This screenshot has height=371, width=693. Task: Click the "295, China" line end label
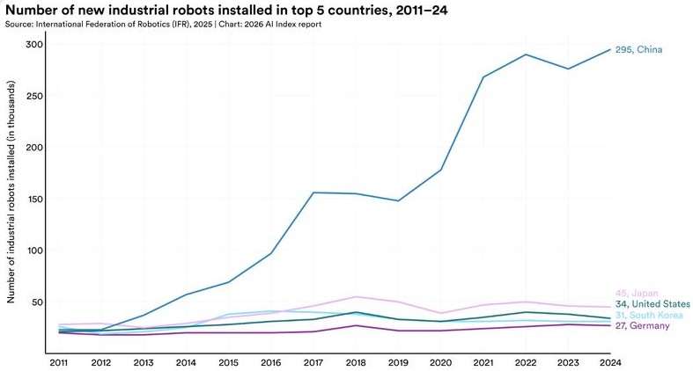638,50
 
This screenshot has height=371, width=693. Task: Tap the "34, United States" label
652,304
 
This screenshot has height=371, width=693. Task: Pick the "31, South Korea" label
649,315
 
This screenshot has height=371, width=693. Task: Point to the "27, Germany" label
642,325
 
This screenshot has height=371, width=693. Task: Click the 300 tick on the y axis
34,45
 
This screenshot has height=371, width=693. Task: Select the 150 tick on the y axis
34,199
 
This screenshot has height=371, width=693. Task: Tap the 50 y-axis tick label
37,302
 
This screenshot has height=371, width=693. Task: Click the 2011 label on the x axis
58,362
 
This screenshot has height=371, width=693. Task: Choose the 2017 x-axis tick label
313,362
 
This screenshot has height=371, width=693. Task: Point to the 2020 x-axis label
440,362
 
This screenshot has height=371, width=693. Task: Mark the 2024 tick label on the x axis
610,362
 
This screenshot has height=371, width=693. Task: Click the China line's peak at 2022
526,55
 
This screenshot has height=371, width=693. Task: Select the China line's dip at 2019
398,200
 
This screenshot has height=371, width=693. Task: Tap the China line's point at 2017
313,193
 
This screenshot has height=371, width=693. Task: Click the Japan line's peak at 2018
356,297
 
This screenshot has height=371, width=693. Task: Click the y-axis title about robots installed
11,192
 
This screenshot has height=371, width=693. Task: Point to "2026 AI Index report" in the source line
283,25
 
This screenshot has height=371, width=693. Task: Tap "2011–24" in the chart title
422,11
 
